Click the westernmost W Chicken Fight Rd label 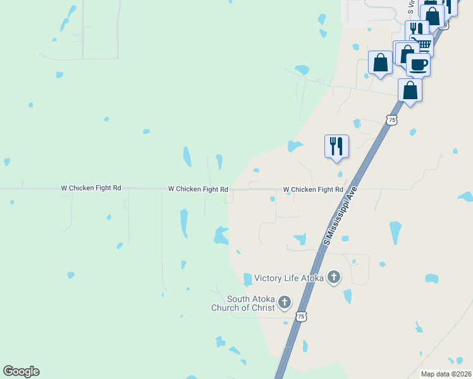(90, 188)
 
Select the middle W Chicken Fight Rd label (197, 189)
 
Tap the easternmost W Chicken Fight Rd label (312, 189)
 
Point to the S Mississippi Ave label (340, 215)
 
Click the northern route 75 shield (393, 119)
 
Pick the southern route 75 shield (301, 316)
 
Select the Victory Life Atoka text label (289, 278)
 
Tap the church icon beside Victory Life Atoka (334, 277)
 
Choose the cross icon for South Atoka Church (284, 303)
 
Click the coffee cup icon (418, 64)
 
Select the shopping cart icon (423, 44)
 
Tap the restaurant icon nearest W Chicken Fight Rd (336, 146)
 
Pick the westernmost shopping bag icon (380, 63)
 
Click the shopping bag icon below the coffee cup (410, 90)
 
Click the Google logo (21, 371)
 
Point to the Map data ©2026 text (445, 374)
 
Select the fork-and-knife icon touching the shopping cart (416, 30)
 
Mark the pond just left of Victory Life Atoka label (247, 279)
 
